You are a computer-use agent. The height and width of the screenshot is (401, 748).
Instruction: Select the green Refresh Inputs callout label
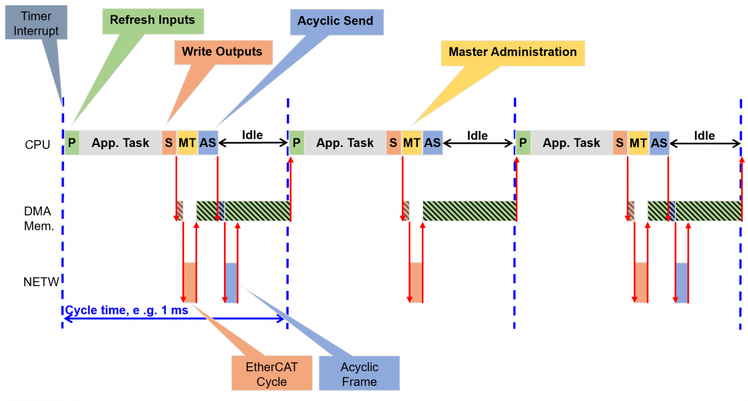pos(152,20)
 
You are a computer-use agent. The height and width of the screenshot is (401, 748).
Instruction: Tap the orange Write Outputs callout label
pos(223,51)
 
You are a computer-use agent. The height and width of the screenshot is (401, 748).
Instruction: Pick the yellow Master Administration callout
pos(512,52)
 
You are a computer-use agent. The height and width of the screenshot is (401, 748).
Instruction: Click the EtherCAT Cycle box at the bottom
pos(271,374)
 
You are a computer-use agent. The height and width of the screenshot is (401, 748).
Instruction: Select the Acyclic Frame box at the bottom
pos(359,374)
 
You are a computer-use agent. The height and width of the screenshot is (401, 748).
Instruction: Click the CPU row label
pos(37,144)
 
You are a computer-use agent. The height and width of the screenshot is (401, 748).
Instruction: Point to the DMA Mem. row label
pos(38,218)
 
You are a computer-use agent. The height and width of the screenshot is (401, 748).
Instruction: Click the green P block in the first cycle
pos(72,143)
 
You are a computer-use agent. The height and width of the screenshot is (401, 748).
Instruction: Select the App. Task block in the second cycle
pos(345,143)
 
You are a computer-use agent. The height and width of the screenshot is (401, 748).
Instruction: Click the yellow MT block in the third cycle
pos(638,143)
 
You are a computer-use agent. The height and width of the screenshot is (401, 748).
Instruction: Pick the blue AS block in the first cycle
pos(208,143)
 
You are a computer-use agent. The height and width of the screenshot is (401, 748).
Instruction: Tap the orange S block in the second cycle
pos(393,143)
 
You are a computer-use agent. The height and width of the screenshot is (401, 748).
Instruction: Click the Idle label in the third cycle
pos(704,136)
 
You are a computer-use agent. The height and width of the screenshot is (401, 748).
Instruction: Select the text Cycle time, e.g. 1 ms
pos(126,310)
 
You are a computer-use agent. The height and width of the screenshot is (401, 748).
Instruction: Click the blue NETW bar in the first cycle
pos(231,282)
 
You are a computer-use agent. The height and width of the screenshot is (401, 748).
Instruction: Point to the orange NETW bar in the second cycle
pos(416,282)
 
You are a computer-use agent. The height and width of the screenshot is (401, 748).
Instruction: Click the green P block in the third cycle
pos(523,143)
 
